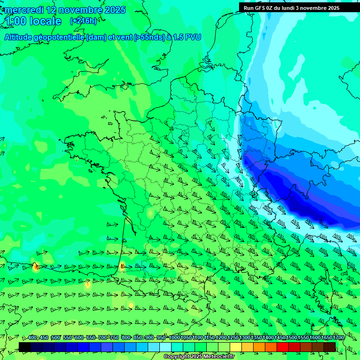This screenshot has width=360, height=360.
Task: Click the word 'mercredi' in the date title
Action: tap(23, 10)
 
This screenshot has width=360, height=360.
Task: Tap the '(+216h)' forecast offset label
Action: tap(83, 21)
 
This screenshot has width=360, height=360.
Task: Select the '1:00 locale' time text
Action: tap(33, 22)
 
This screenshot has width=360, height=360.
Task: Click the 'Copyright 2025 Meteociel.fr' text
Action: tap(199, 357)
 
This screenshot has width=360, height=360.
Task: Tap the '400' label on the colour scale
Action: tap(32, 338)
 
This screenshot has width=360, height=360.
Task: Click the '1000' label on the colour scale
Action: tap(174, 338)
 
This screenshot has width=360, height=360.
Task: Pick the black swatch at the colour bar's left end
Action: tap(25, 347)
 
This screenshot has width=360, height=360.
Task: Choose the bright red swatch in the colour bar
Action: tap(283, 347)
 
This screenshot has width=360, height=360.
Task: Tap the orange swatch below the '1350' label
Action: tap(259, 347)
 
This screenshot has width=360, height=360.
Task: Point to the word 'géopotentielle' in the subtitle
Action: tap(62, 37)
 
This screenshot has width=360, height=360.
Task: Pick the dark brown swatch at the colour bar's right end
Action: tap(330, 347)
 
